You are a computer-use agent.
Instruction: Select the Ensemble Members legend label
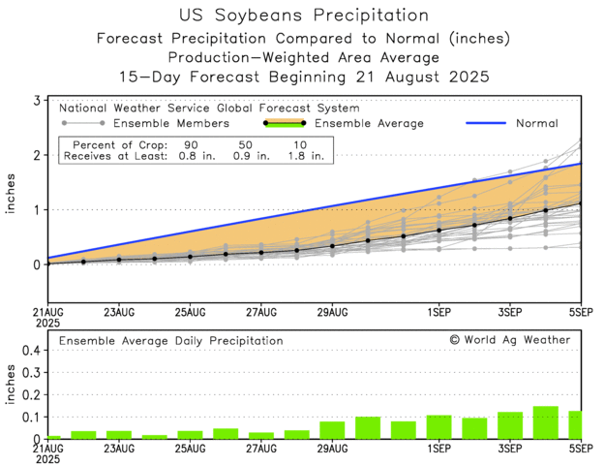[171, 123]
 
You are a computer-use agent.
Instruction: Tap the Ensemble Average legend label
[371, 123]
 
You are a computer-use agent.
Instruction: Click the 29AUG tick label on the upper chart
[331, 312]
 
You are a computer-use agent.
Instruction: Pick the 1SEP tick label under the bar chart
[439, 450]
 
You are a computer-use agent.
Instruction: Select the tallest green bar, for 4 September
[545, 422]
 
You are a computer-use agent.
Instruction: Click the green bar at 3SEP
[510, 425]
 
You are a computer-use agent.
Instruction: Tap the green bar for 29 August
[332, 430]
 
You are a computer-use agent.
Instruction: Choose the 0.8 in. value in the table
[191, 154]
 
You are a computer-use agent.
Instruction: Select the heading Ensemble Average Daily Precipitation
[171, 341]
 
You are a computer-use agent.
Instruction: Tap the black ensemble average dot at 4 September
[545, 210]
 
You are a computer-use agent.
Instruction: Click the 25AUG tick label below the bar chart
[190, 450]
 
